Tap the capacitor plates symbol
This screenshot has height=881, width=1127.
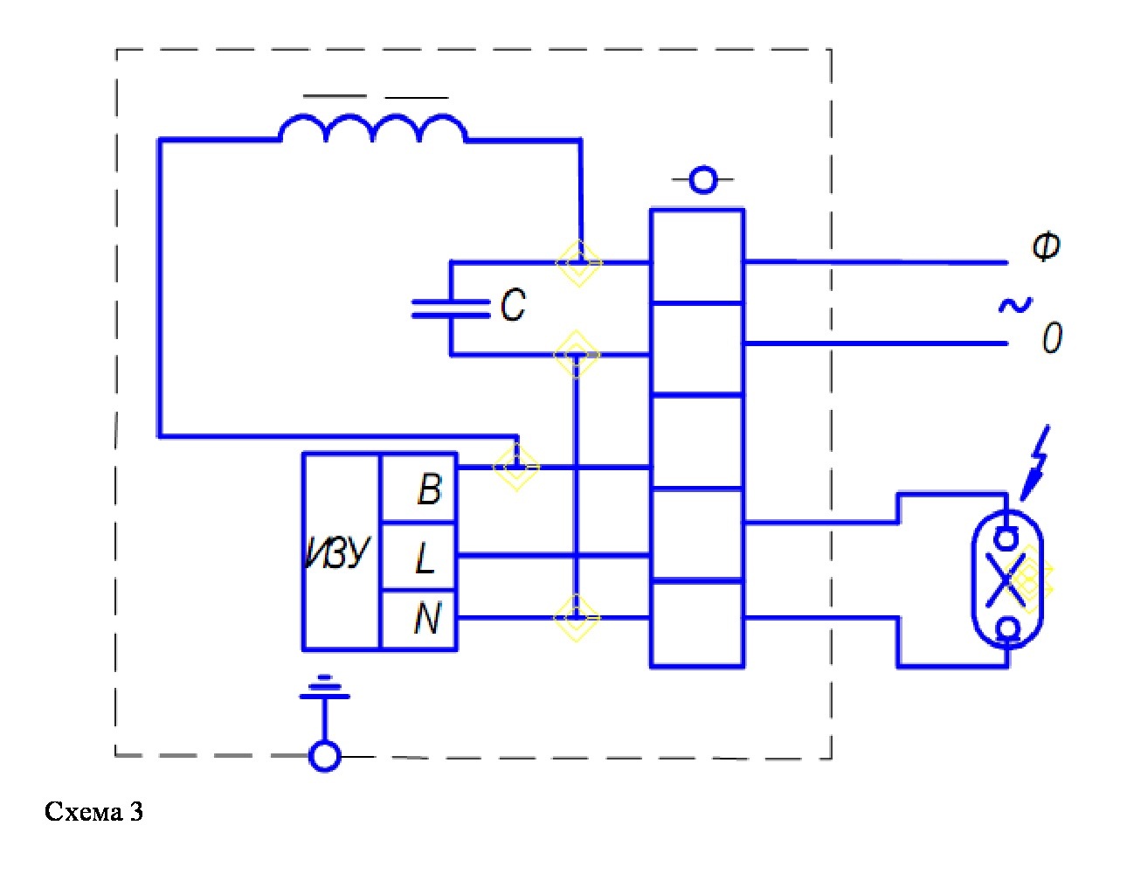pos(450,309)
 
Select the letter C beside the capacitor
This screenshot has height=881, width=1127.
pos(513,306)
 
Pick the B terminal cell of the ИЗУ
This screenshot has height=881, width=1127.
pos(418,489)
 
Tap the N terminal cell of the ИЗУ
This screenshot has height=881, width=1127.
pos(418,620)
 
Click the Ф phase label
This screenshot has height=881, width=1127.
pos(1046,246)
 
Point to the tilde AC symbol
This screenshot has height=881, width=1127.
pos(1015,306)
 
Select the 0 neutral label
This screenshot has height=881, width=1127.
pos(1052,337)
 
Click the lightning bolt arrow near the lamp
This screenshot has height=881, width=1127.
pos(1035,463)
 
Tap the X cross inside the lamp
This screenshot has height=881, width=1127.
pos(1006,580)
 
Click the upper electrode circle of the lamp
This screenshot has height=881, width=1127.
pos(1006,538)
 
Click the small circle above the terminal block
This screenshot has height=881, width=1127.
pos(703,179)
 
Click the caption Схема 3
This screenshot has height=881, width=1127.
pos(93,811)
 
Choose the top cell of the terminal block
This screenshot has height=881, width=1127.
pos(697,256)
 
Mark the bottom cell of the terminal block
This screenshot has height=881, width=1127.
pos(697,624)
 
